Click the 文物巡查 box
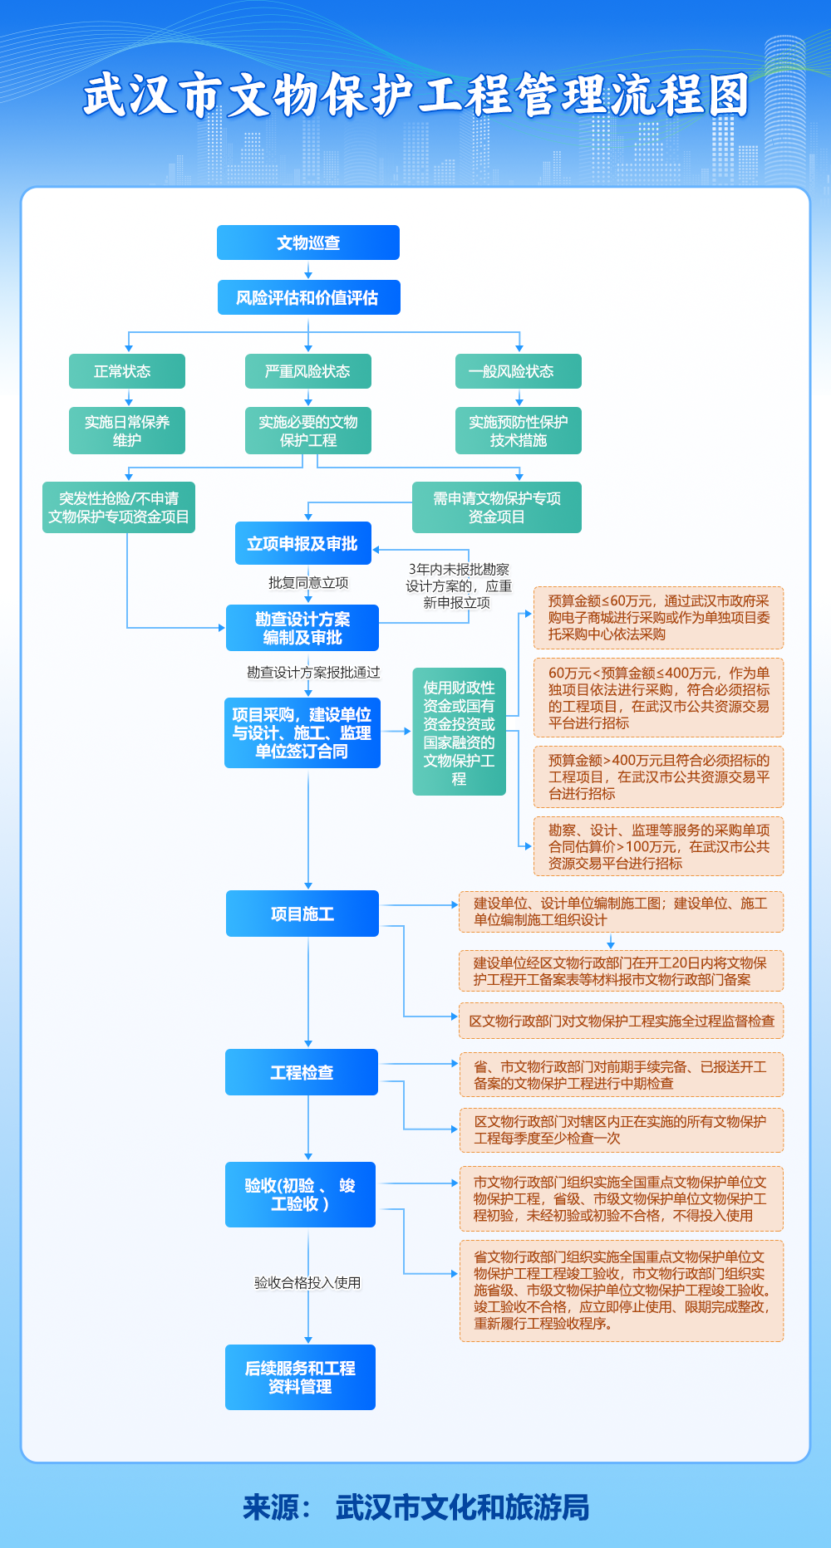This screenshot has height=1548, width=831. [x=308, y=242]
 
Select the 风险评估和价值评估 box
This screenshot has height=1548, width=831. [x=308, y=297]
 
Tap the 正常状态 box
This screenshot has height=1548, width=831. [x=126, y=371]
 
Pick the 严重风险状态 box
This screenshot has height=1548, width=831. [x=307, y=371]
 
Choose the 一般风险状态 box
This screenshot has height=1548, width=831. [x=518, y=371]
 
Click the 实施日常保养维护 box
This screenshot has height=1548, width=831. [x=126, y=430]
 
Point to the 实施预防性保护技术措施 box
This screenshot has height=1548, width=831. [x=518, y=430]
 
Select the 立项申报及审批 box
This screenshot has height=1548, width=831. [x=302, y=543]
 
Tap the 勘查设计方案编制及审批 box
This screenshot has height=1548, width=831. [x=302, y=628]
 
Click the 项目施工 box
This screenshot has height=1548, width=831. [x=302, y=914]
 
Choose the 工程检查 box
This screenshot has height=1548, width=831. [x=302, y=1072]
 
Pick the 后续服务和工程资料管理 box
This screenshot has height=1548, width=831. [x=300, y=1377]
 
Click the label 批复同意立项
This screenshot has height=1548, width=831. [x=308, y=583]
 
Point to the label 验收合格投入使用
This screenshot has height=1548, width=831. [x=307, y=1282]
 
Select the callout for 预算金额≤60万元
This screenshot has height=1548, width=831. [x=658, y=618]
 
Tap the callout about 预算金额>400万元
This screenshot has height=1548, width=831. [x=658, y=776]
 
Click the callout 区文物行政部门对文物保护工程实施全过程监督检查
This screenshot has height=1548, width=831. [x=621, y=1021]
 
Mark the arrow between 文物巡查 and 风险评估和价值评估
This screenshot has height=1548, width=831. [x=308, y=270]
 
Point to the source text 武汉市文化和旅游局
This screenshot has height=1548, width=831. [x=462, y=1506]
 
